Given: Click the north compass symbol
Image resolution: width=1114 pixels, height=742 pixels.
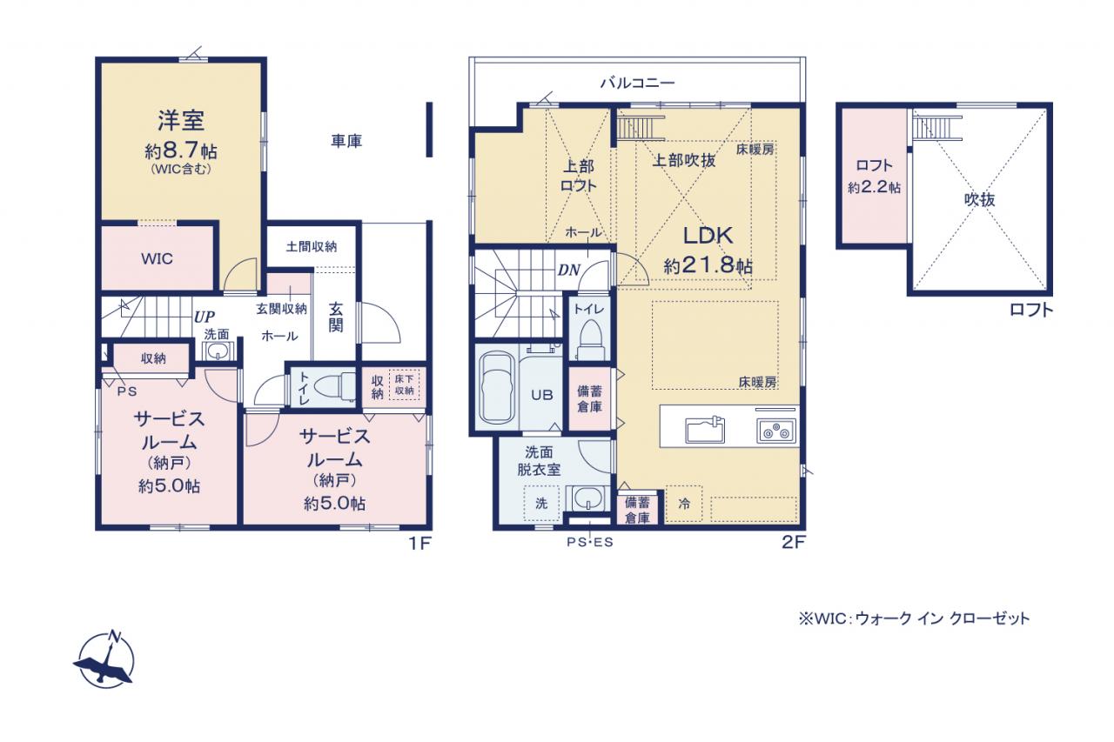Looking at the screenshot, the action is [x=105, y=659].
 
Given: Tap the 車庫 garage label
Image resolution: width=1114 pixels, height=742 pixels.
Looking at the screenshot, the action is [x=346, y=141].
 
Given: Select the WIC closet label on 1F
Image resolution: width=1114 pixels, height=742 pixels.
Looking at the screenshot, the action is [x=158, y=258].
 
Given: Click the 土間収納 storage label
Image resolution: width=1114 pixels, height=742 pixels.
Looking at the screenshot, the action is [x=312, y=246].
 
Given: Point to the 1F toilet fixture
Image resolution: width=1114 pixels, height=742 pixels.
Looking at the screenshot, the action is [x=335, y=386].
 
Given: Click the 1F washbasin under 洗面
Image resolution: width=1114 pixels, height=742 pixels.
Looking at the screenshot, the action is [x=218, y=351].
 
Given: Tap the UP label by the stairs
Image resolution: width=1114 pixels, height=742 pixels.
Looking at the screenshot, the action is [x=204, y=317].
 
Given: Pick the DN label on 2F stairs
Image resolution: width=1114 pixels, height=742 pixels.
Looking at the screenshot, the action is [x=569, y=270].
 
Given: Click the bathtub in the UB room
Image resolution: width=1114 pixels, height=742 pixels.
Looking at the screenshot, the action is [x=498, y=388].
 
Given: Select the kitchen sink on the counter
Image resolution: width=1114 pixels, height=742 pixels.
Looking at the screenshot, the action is [x=705, y=431].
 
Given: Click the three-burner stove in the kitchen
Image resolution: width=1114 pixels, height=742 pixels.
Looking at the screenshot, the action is [x=776, y=431].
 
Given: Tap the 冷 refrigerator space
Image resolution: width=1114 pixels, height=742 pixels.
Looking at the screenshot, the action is [x=684, y=504].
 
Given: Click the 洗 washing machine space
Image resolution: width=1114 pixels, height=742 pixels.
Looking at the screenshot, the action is [x=541, y=504].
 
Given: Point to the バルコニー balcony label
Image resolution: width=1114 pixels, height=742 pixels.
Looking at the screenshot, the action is [x=638, y=83].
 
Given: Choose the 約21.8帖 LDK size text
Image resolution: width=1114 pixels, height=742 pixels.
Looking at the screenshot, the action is [x=708, y=266].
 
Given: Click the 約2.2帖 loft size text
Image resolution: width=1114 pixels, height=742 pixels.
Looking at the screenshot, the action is [x=874, y=187].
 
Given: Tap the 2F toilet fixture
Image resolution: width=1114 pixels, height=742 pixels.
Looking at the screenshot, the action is [x=590, y=339].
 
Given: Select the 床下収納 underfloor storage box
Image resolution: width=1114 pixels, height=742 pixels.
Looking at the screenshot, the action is [x=405, y=385].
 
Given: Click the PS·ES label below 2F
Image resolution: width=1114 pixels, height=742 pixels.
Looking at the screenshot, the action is [x=590, y=542].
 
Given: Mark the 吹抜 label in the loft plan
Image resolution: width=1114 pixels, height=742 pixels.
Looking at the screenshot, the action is [x=980, y=200].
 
